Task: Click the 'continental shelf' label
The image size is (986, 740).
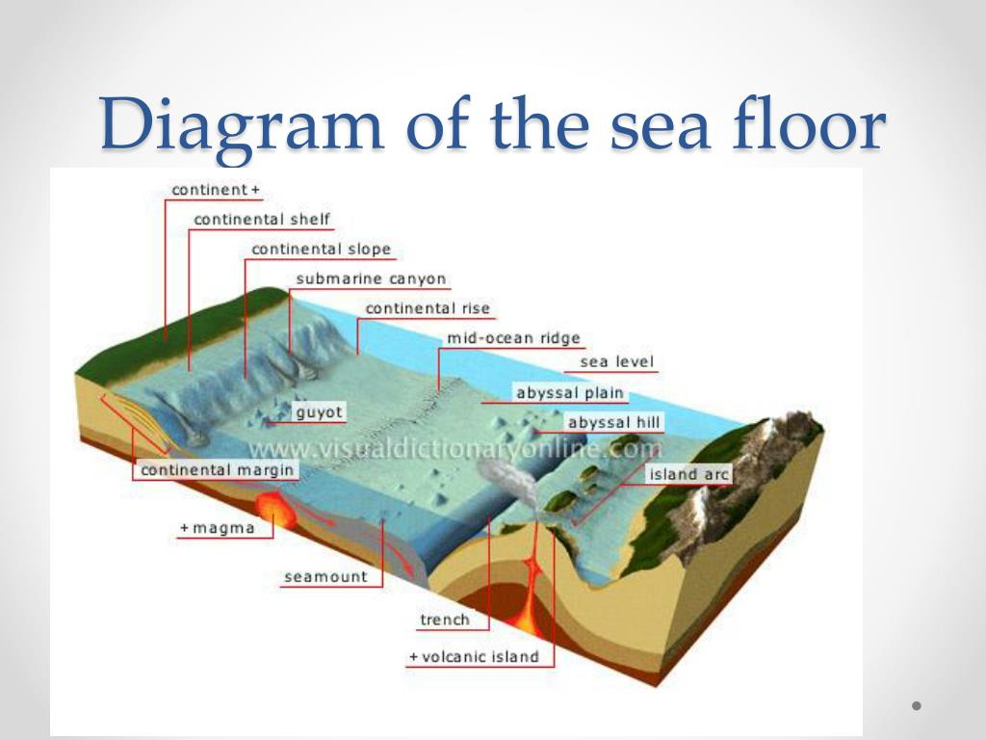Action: tap(262, 220)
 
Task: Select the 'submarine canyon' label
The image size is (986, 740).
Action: tap(371, 278)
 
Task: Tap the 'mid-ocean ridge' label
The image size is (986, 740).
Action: tap(513, 338)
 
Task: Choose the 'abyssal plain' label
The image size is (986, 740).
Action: tap(570, 393)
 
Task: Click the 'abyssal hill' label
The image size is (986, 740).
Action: tap(613, 422)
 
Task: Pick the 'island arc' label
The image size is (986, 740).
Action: tap(688, 474)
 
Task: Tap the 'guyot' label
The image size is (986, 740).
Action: tap(320, 412)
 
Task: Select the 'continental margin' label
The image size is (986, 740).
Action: tap(217, 470)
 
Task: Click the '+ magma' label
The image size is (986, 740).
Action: tap(218, 528)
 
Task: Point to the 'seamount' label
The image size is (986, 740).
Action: tap(325, 577)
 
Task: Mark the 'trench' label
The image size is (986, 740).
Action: tap(445, 620)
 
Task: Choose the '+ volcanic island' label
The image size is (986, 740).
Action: tap(474, 657)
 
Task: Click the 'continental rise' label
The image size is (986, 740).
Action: tap(428, 308)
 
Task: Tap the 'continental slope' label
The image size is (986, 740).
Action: tap(321, 250)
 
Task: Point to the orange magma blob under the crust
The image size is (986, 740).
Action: tap(274, 509)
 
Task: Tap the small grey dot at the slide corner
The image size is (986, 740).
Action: tap(917, 706)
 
